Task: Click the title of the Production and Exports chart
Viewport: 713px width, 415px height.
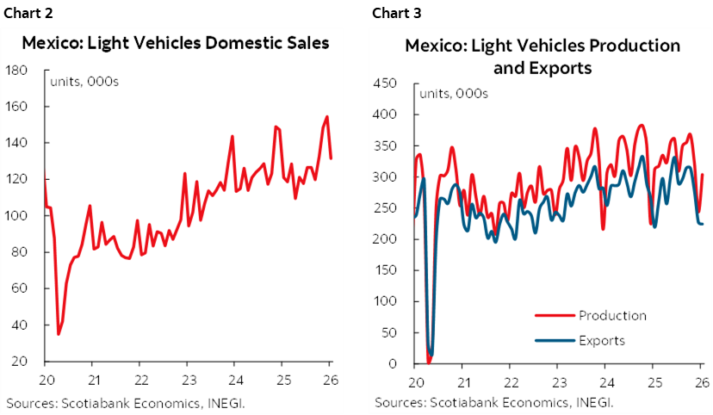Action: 542,56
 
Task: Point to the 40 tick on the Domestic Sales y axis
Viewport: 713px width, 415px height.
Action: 19,325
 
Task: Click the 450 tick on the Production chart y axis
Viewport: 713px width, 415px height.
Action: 384,84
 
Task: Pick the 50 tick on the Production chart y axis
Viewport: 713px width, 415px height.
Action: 387,332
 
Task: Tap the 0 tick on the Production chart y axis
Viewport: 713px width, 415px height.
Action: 391,363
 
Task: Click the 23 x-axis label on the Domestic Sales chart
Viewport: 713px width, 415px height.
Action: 188,380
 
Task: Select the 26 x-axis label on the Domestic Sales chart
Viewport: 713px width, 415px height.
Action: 330,380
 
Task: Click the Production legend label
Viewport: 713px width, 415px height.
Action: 612,315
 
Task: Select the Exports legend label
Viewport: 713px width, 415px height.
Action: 602,340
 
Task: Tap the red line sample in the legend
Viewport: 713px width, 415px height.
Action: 555,315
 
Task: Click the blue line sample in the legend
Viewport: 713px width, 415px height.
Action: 555,340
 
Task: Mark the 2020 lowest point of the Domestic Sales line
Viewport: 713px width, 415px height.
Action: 59,333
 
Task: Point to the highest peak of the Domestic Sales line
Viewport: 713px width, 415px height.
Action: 326,116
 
